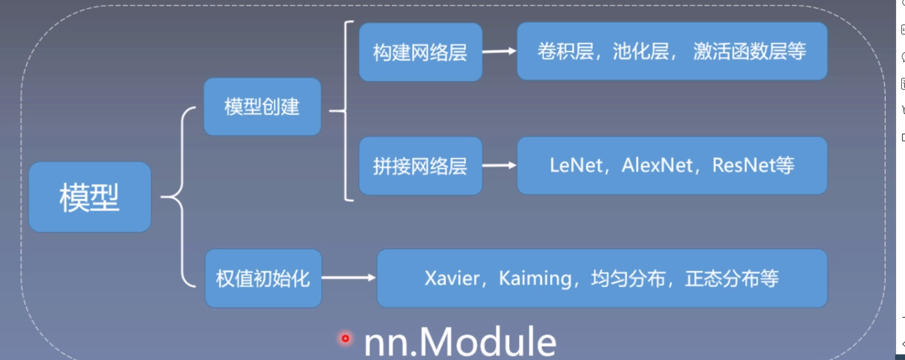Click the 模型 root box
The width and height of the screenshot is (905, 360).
pyautogui.click(x=90, y=197)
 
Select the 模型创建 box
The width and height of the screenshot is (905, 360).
pyautogui.click(x=262, y=107)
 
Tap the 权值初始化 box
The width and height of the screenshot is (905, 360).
pyautogui.click(x=263, y=278)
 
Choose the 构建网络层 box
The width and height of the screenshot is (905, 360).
pyautogui.click(x=420, y=52)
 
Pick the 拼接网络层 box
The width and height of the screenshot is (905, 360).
pyautogui.click(x=420, y=166)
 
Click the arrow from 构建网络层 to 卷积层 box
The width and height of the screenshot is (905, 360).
pyautogui.click(x=499, y=51)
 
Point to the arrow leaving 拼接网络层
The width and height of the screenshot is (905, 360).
pyautogui.click(x=499, y=165)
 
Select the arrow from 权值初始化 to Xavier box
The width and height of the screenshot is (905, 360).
pyautogui.click(x=349, y=278)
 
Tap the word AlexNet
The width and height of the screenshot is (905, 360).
pyautogui.click(x=657, y=165)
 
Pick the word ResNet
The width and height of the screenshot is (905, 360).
pyautogui.click(x=744, y=165)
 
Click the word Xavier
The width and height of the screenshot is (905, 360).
pyautogui.click(x=452, y=278)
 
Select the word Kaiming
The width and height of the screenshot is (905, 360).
pyautogui.click(x=535, y=278)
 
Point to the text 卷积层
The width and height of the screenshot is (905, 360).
pyautogui.click(x=565, y=51)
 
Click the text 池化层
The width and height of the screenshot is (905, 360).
pyautogui.click(x=641, y=51)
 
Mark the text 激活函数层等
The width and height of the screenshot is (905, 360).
pyautogui.click(x=749, y=51)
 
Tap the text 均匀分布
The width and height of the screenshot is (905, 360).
pyautogui.click(x=628, y=278)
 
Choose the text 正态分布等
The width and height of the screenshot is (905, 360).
pyautogui.click(x=732, y=278)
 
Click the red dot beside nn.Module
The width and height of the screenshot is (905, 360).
pyautogui.click(x=345, y=338)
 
